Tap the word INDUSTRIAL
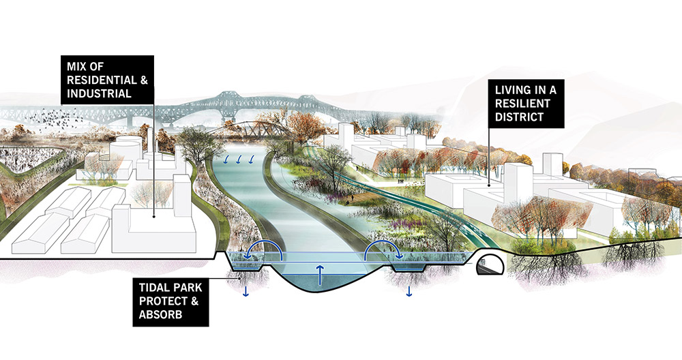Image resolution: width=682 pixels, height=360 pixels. click(x=99, y=94)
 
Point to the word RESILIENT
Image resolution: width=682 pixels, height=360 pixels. click(x=522, y=104)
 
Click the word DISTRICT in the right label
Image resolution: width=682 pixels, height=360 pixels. click(x=519, y=117)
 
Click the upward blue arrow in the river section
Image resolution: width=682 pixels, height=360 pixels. click(x=320, y=275)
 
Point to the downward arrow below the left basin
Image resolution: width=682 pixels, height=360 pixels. click(x=246, y=292)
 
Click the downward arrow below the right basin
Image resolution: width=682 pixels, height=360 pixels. click(x=409, y=292)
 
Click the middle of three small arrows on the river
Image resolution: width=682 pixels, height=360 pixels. click(x=238, y=160)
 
